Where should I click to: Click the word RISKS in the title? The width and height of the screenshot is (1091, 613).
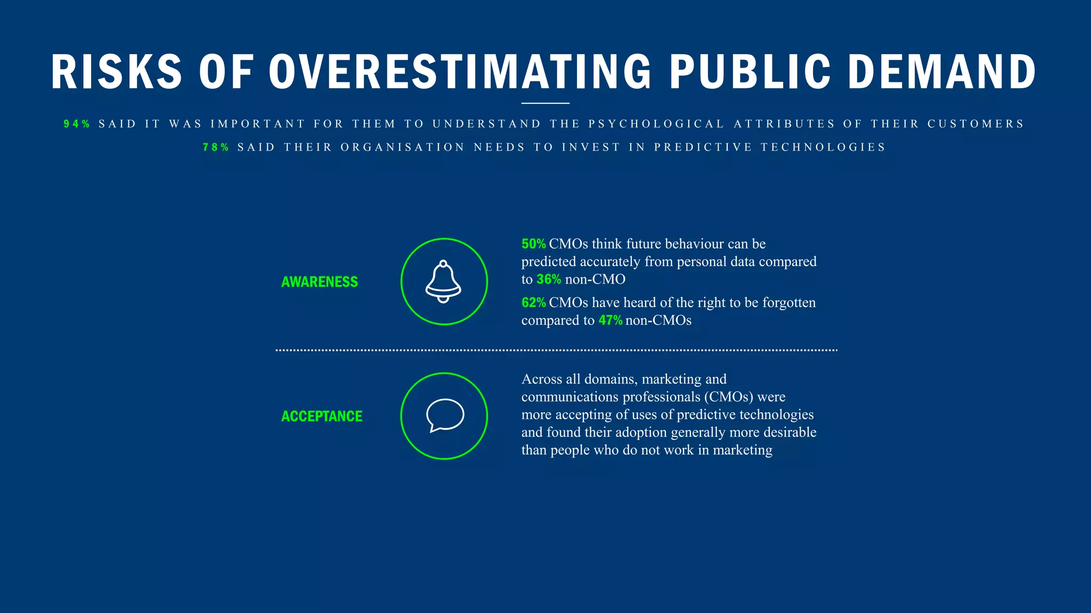tap(117, 72)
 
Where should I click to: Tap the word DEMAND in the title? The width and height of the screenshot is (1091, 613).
tap(942, 72)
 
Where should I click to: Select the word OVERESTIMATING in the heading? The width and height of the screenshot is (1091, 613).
tap(460, 72)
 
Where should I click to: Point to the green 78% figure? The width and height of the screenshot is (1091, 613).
tap(216, 147)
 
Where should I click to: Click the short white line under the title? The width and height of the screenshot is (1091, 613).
tap(545, 103)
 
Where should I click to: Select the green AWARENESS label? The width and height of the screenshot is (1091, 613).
tap(320, 282)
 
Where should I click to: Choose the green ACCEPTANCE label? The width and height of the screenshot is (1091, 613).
tap(322, 416)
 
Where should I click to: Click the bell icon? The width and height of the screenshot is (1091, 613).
tap(443, 281)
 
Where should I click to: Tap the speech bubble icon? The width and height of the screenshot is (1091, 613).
tap(445, 415)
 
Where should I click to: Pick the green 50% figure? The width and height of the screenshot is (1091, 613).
tap(533, 244)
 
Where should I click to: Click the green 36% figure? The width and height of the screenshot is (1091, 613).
tap(549, 279)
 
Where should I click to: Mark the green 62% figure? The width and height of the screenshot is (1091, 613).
tap(533, 303)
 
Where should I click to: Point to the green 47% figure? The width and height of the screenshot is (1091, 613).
tap(610, 320)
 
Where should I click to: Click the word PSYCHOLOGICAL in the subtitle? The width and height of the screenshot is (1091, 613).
tap(656, 124)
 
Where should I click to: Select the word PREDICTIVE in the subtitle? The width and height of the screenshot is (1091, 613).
tap(703, 147)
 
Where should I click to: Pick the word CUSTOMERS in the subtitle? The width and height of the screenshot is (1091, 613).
tap(975, 124)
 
